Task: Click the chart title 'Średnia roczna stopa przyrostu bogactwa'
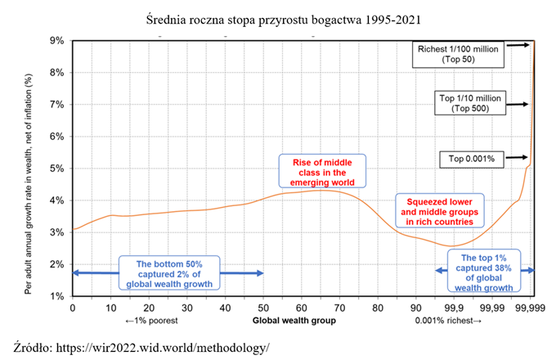[x=278, y=18]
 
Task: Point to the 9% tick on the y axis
[x=58, y=40]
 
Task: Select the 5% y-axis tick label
[x=58, y=168]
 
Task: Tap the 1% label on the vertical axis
[x=58, y=295]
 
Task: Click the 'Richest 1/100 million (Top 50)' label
[x=457, y=54]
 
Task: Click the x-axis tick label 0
[x=73, y=308]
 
